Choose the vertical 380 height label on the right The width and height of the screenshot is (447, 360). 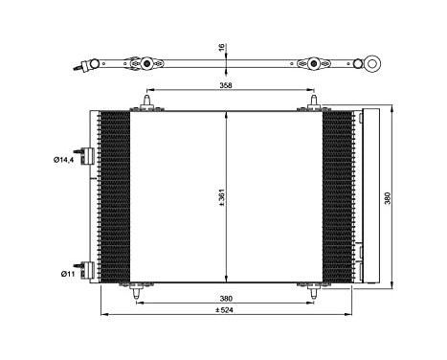[x=413, y=197]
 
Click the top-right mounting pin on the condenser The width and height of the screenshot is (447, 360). [x=312, y=101]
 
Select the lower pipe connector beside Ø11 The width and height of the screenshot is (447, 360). [x=89, y=272]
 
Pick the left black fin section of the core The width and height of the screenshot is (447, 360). [x=114, y=196]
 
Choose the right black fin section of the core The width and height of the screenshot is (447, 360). [x=337, y=196]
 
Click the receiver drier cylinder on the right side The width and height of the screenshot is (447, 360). [x=369, y=196]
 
